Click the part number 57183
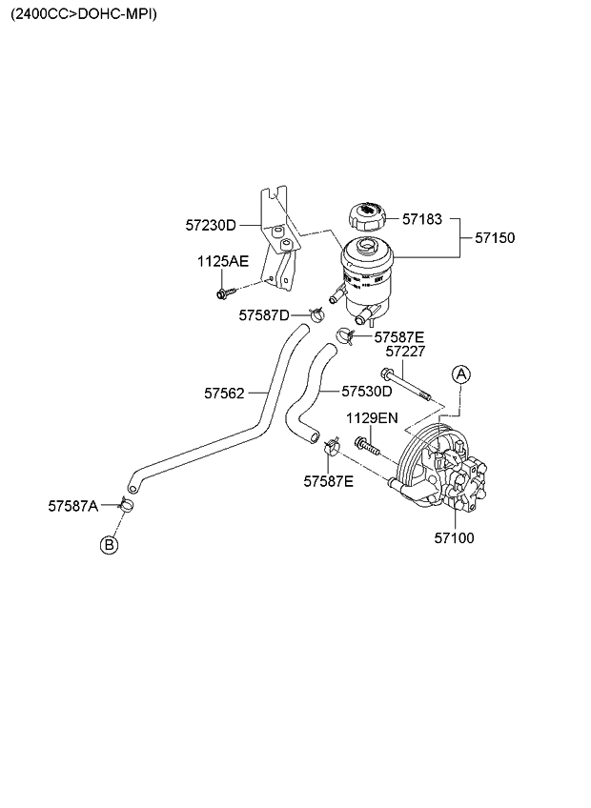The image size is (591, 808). pos(422,219)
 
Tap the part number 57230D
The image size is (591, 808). pos(210,226)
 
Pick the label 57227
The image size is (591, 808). pos(405,352)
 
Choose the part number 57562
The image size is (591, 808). pos(224,392)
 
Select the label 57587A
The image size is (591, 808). pos(73,505)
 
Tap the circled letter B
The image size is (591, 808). pos(110,544)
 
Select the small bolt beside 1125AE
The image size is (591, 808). pos(225,292)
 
